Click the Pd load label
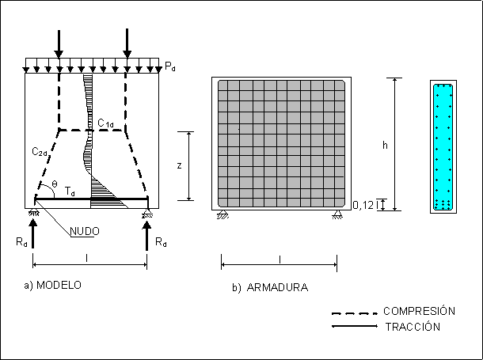tap(170, 66)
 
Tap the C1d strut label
tap(105, 123)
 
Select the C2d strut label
tap(40, 152)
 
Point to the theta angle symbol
tap(55, 184)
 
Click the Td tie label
tap(70, 191)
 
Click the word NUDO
tap(85, 231)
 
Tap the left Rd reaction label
tap(21, 242)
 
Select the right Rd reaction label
tap(161, 242)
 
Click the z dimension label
tap(179, 166)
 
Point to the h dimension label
tap(385, 145)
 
